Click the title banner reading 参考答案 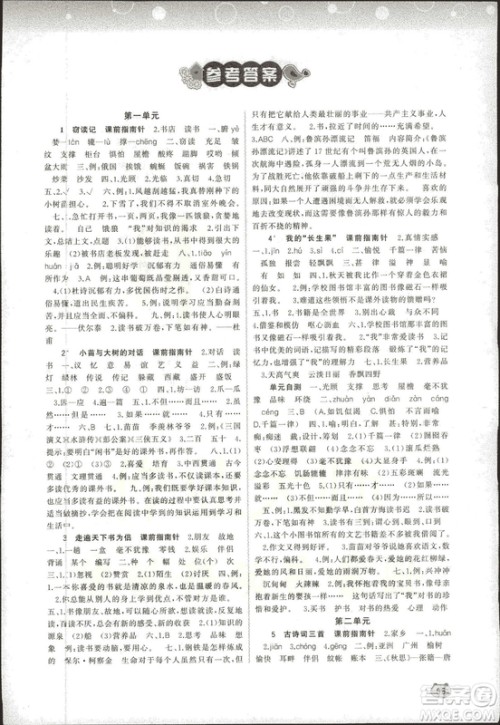[x=249, y=73]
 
